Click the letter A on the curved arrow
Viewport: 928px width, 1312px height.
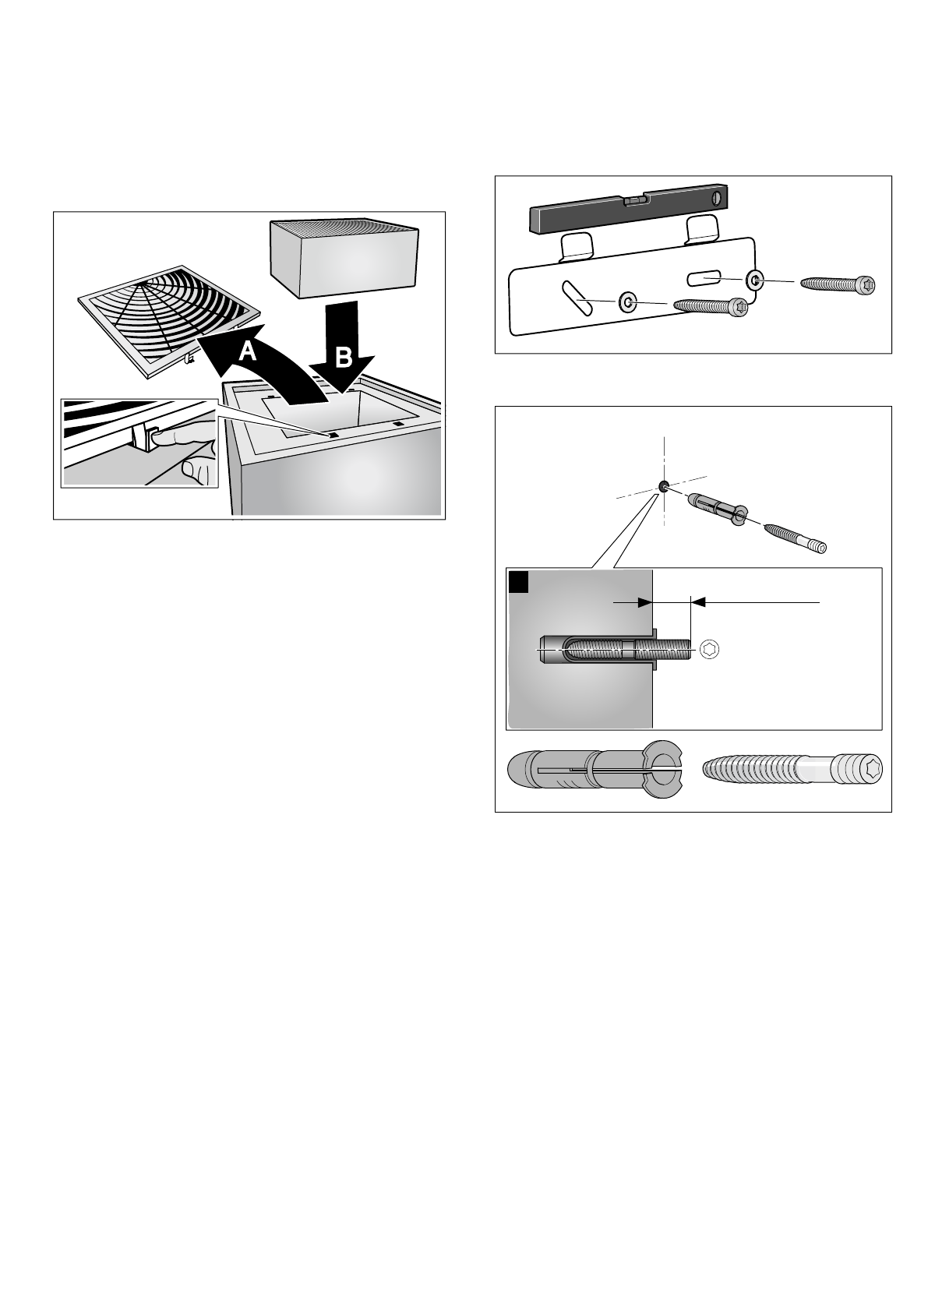pos(247,351)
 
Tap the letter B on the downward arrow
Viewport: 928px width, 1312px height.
pos(343,357)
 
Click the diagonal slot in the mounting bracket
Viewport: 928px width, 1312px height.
pos(577,298)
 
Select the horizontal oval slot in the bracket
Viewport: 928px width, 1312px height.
pos(704,278)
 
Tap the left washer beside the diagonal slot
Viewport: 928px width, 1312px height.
pos(627,303)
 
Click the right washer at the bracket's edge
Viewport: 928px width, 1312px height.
pos(755,280)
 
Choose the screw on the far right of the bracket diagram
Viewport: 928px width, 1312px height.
pos(838,284)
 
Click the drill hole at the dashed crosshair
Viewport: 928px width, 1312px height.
pos(664,485)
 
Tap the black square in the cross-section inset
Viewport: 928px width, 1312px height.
pos(518,582)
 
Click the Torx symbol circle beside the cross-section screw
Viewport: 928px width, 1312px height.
pos(710,649)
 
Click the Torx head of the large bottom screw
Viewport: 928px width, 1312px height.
pos(861,769)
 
